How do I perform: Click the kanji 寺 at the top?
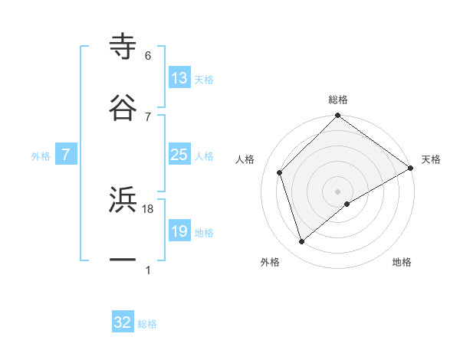(123, 45)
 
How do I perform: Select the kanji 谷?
(123, 106)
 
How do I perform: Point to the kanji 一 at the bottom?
(123, 260)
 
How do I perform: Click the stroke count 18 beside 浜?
(149, 208)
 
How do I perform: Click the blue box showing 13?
(179, 78)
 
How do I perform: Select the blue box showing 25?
(179, 155)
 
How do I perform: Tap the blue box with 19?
(179, 231)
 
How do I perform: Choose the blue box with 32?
(123, 322)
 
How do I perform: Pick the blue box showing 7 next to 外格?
(66, 155)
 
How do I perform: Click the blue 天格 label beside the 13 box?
(204, 80)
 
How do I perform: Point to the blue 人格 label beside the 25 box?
(204, 156)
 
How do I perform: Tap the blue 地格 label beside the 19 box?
(204, 233)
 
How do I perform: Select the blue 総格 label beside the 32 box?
(147, 324)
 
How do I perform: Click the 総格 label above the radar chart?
(338, 100)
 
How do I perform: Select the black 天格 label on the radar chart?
(431, 159)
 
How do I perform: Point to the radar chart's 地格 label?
(402, 262)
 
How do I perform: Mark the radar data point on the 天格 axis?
(411, 167)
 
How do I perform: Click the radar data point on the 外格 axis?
(302, 242)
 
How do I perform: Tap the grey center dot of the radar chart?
(338, 191)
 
